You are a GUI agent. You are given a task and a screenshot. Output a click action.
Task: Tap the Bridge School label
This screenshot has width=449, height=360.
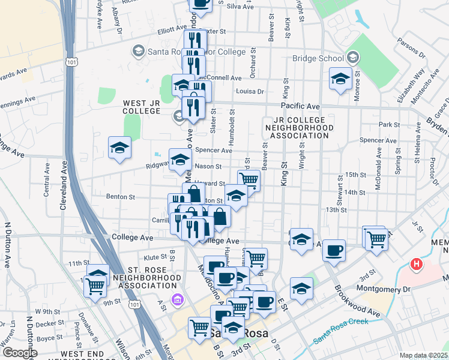point(318,59)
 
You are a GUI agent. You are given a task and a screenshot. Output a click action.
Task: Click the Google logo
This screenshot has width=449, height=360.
point(20,353)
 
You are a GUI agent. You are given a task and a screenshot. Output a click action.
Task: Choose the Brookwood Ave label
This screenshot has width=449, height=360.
point(358,300)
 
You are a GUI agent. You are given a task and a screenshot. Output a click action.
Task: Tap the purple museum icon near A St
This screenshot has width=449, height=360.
point(177,299)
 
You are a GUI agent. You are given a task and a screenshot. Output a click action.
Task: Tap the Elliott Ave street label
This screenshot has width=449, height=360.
point(172,28)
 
